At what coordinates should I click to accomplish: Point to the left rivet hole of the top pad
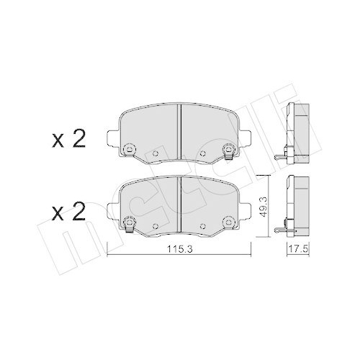(129, 150)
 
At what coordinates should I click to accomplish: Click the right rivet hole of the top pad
(230, 150)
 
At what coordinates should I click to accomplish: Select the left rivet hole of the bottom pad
(129, 221)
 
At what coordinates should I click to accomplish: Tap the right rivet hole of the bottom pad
(230, 221)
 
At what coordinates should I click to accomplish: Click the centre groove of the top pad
(179, 130)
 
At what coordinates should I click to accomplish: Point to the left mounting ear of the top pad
(111, 139)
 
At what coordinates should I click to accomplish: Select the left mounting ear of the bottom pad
(111, 210)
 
